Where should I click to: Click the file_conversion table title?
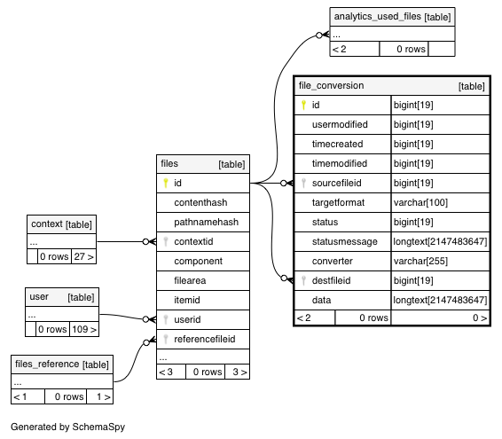point(331,85)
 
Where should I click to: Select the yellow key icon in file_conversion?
point(303,105)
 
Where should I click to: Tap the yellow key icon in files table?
point(166,183)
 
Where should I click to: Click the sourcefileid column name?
point(336,183)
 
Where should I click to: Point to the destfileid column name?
point(331,280)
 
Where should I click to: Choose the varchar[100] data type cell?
point(420,202)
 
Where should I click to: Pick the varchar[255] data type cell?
point(420,261)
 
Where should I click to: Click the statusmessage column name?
point(344,241)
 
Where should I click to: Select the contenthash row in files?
point(203,203)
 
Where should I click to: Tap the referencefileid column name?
point(205,339)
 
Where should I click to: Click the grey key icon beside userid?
point(166,319)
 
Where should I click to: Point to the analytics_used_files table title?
point(378,16)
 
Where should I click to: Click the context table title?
point(47,223)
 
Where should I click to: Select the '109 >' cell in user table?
point(84,329)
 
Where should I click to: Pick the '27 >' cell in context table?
point(83,256)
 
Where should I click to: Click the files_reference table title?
point(47,365)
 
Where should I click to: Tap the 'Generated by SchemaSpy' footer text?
point(67,427)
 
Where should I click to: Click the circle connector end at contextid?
point(145,242)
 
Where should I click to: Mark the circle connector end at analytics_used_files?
point(319,35)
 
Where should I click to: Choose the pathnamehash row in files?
point(203,223)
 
